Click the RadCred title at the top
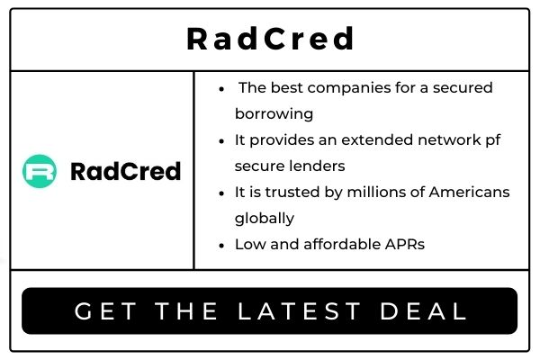coord(270,39)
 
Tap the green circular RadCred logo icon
coord(40,171)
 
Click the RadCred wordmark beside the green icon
coord(125,171)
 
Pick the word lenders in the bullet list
coord(319,166)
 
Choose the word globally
coord(265,218)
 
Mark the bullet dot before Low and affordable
coord(221,244)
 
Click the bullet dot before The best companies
coord(221,88)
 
